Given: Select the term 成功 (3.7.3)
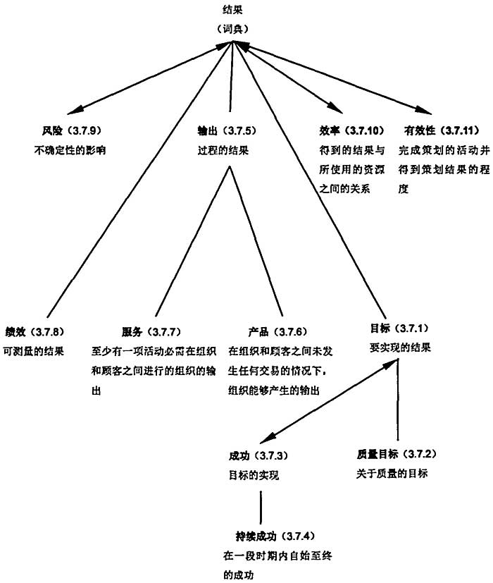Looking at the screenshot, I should tap(257, 455).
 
